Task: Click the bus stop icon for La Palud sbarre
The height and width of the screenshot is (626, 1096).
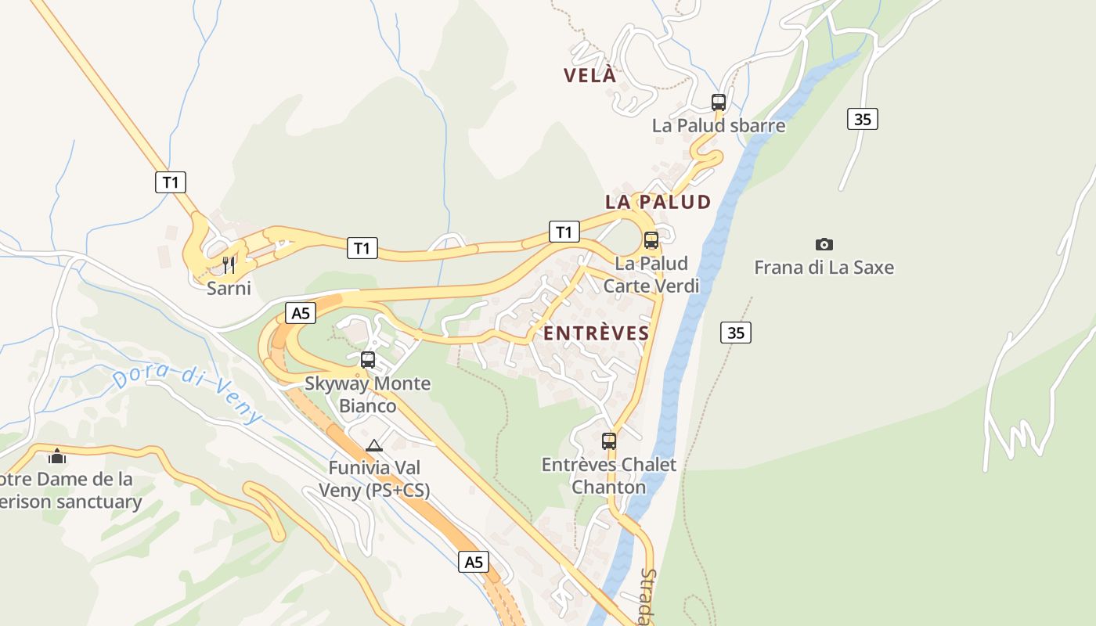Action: [x=719, y=102]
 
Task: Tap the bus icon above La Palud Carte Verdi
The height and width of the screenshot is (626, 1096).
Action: [x=651, y=240]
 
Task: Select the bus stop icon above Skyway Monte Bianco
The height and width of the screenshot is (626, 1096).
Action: [x=368, y=360]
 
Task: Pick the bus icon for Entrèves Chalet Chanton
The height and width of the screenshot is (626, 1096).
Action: [x=609, y=441]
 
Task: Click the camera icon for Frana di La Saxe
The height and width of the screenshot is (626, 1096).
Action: [x=824, y=244]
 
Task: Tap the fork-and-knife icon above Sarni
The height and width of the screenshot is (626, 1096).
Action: [x=229, y=264]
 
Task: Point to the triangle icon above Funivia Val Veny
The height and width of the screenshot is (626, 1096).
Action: [x=374, y=446]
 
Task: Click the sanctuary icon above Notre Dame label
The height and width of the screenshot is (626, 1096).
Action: [x=57, y=455]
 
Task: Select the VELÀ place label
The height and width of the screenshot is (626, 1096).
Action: [x=590, y=76]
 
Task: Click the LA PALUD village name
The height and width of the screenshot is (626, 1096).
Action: [x=658, y=202]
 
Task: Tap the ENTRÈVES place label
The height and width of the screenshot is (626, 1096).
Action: [x=597, y=333]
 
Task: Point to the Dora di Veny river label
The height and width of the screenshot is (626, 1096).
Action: [x=188, y=395]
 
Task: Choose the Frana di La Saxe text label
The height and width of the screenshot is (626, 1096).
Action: [x=824, y=268]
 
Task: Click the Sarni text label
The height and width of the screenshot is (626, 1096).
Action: [x=229, y=288]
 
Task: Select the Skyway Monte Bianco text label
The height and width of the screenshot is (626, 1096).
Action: [x=368, y=394]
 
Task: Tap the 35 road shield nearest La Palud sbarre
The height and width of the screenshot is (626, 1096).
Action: [x=862, y=119]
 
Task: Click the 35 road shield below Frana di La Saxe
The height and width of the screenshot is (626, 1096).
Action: [x=735, y=333]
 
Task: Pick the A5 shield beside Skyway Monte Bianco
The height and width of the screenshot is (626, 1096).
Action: [x=301, y=314]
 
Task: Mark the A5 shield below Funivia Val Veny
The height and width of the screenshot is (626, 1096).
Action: [x=474, y=562]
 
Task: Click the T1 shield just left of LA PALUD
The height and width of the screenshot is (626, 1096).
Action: [x=564, y=232]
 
